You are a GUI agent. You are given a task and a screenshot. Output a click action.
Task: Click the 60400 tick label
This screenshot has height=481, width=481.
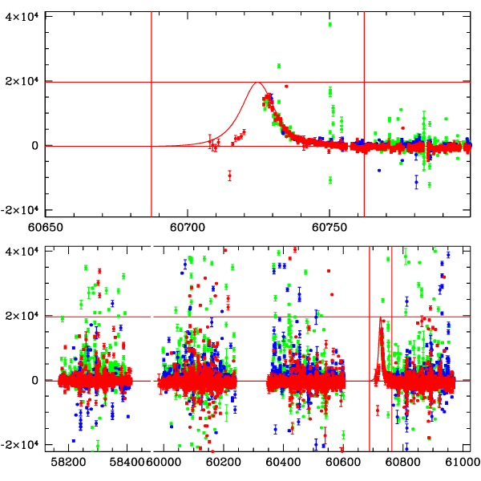pyautogui.click(x=281, y=463)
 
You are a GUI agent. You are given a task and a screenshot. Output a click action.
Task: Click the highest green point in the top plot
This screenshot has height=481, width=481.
pyautogui.click(x=329, y=24)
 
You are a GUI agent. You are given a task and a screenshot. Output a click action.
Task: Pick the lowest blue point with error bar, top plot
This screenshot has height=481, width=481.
pyautogui.click(x=416, y=183)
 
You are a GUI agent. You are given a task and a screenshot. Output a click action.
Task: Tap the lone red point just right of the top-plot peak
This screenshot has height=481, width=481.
pyautogui.click(x=286, y=86)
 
